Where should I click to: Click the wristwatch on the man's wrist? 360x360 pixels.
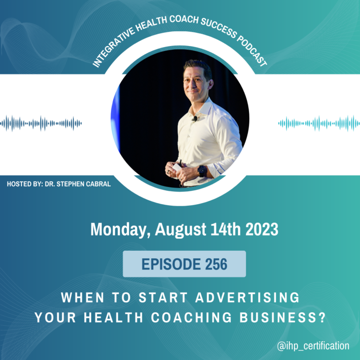tap(202, 171)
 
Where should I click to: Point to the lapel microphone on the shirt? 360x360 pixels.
tap(195, 119)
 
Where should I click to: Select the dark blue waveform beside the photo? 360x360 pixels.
tap(41, 123)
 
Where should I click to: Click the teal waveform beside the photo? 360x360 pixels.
tap(319, 123)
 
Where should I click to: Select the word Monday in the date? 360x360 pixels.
tap(121, 230)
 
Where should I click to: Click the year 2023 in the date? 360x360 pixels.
tap(262, 229)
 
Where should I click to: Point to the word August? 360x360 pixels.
tap(180, 230)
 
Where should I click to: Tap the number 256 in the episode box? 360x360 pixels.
tap(216, 264)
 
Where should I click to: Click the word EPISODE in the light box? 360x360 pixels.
tap(171, 264)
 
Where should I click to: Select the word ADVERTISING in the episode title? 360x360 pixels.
tap(247, 297)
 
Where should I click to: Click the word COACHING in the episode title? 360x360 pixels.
tap(191, 317)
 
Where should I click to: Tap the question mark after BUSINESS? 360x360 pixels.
tap(323, 317)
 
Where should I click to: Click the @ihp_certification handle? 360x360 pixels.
tap(313, 346)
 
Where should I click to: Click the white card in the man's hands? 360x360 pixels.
tap(177, 167)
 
